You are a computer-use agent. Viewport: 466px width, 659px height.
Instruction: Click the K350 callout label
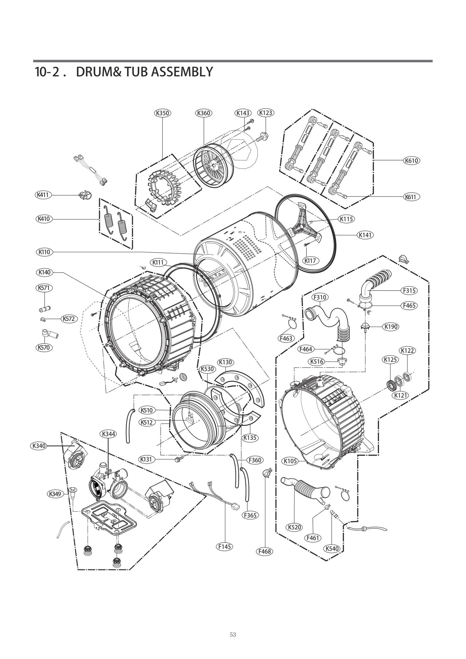pyautogui.click(x=162, y=113)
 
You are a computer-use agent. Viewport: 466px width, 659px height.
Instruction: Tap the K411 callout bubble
pyautogui.click(x=43, y=195)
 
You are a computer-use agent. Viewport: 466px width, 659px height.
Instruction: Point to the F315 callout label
pyautogui.click(x=409, y=290)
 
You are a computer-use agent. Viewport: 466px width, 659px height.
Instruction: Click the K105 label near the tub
pyautogui.click(x=290, y=461)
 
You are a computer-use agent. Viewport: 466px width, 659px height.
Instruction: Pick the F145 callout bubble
pyautogui.click(x=225, y=547)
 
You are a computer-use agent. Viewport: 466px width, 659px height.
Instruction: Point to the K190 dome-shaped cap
pyautogui.click(x=365, y=327)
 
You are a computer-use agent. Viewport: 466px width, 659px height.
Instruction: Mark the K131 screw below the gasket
pyautogui.click(x=177, y=459)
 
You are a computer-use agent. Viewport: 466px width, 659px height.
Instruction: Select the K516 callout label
pyautogui.click(x=317, y=362)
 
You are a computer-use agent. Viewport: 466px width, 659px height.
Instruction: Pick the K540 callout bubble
pyautogui.click(x=332, y=549)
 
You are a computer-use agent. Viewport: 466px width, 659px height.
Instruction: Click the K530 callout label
pyautogui.click(x=207, y=369)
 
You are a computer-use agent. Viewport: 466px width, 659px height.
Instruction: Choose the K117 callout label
pyautogui.click(x=310, y=261)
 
